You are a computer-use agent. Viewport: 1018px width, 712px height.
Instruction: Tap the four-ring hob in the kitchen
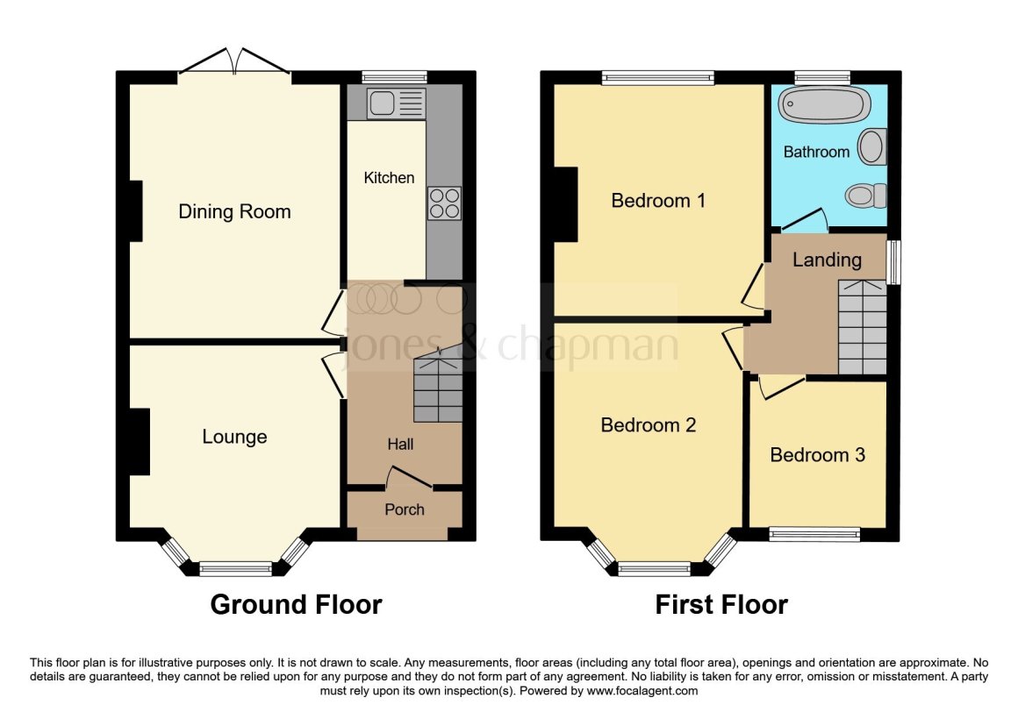[444, 203]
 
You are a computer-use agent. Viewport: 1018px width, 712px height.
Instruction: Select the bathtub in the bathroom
[825, 107]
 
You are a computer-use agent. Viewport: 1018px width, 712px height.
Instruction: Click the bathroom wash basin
[872, 146]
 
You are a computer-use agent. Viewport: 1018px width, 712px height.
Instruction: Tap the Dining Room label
[234, 211]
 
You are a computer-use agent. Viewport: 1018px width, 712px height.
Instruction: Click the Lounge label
[234, 437]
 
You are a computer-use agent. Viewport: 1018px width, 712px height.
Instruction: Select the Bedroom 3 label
[817, 454]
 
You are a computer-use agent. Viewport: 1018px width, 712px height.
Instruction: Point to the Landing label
[827, 260]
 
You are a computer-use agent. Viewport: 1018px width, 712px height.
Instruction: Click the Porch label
[405, 509]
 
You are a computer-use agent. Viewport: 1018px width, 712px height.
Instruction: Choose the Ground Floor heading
[297, 604]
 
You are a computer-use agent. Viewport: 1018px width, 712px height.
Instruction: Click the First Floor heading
[721, 604]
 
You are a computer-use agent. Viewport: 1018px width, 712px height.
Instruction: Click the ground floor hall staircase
[437, 386]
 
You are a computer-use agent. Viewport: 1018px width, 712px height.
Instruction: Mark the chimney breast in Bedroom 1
[564, 203]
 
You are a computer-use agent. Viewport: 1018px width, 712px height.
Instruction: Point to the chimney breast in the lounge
[137, 443]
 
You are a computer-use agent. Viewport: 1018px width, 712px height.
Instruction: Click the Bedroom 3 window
[814, 534]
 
